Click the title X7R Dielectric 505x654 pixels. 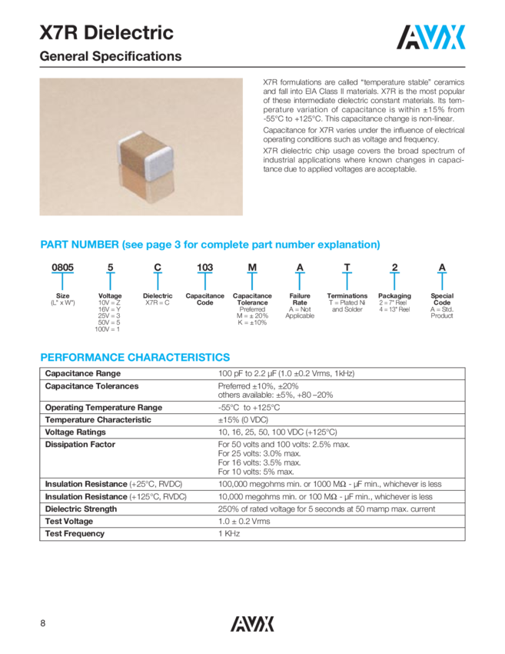106,33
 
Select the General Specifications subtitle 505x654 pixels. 111,57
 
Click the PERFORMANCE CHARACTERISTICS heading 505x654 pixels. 135,357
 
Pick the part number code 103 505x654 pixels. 205,267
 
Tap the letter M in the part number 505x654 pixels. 252,267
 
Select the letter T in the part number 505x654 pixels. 347,267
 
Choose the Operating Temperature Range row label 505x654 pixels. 104,407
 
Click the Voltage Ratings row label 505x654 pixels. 77,432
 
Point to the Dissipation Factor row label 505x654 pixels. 80,444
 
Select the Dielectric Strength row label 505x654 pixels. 82,509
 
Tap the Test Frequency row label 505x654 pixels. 75,533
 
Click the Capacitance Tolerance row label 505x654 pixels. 91,385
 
